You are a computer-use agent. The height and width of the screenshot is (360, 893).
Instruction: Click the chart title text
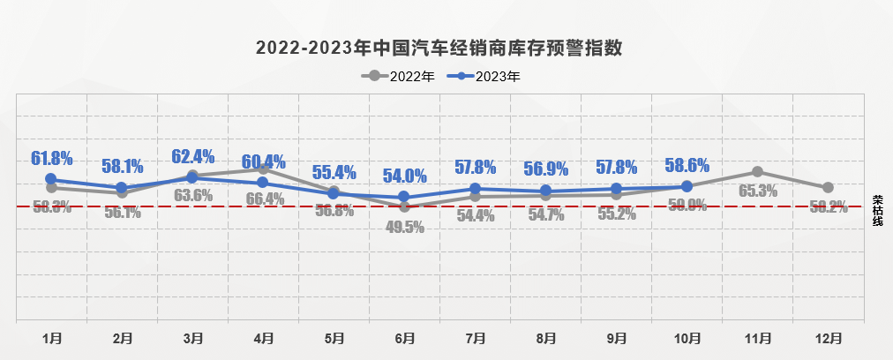tap(439, 48)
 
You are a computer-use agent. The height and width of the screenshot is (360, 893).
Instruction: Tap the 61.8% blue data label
tap(51, 159)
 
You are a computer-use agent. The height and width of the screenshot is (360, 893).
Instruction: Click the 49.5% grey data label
tap(405, 227)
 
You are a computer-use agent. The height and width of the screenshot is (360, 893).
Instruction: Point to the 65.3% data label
tap(757, 191)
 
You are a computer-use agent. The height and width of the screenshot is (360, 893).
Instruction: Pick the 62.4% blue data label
tap(193, 157)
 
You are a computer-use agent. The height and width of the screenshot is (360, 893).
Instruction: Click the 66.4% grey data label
tap(263, 199)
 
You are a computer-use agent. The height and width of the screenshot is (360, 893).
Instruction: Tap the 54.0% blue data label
tap(404, 176)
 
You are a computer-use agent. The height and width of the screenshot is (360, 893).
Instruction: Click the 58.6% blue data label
tap(687, 164)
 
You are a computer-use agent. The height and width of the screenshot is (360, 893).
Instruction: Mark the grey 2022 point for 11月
tap(757, 172)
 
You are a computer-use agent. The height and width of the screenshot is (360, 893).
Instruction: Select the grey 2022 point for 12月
tap(828, 188)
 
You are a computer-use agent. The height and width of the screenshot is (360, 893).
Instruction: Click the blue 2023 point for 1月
tap(51, 179)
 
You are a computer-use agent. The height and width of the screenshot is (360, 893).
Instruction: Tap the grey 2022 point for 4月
tap(263, 169)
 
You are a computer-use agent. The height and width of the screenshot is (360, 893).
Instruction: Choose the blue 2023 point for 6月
tap(404, 197)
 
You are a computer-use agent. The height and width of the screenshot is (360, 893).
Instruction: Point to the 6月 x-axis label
tap(405, 338)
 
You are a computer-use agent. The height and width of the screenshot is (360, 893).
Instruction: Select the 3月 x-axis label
tap(193, 338)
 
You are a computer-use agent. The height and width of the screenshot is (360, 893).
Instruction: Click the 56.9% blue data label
tap(545, 169)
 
